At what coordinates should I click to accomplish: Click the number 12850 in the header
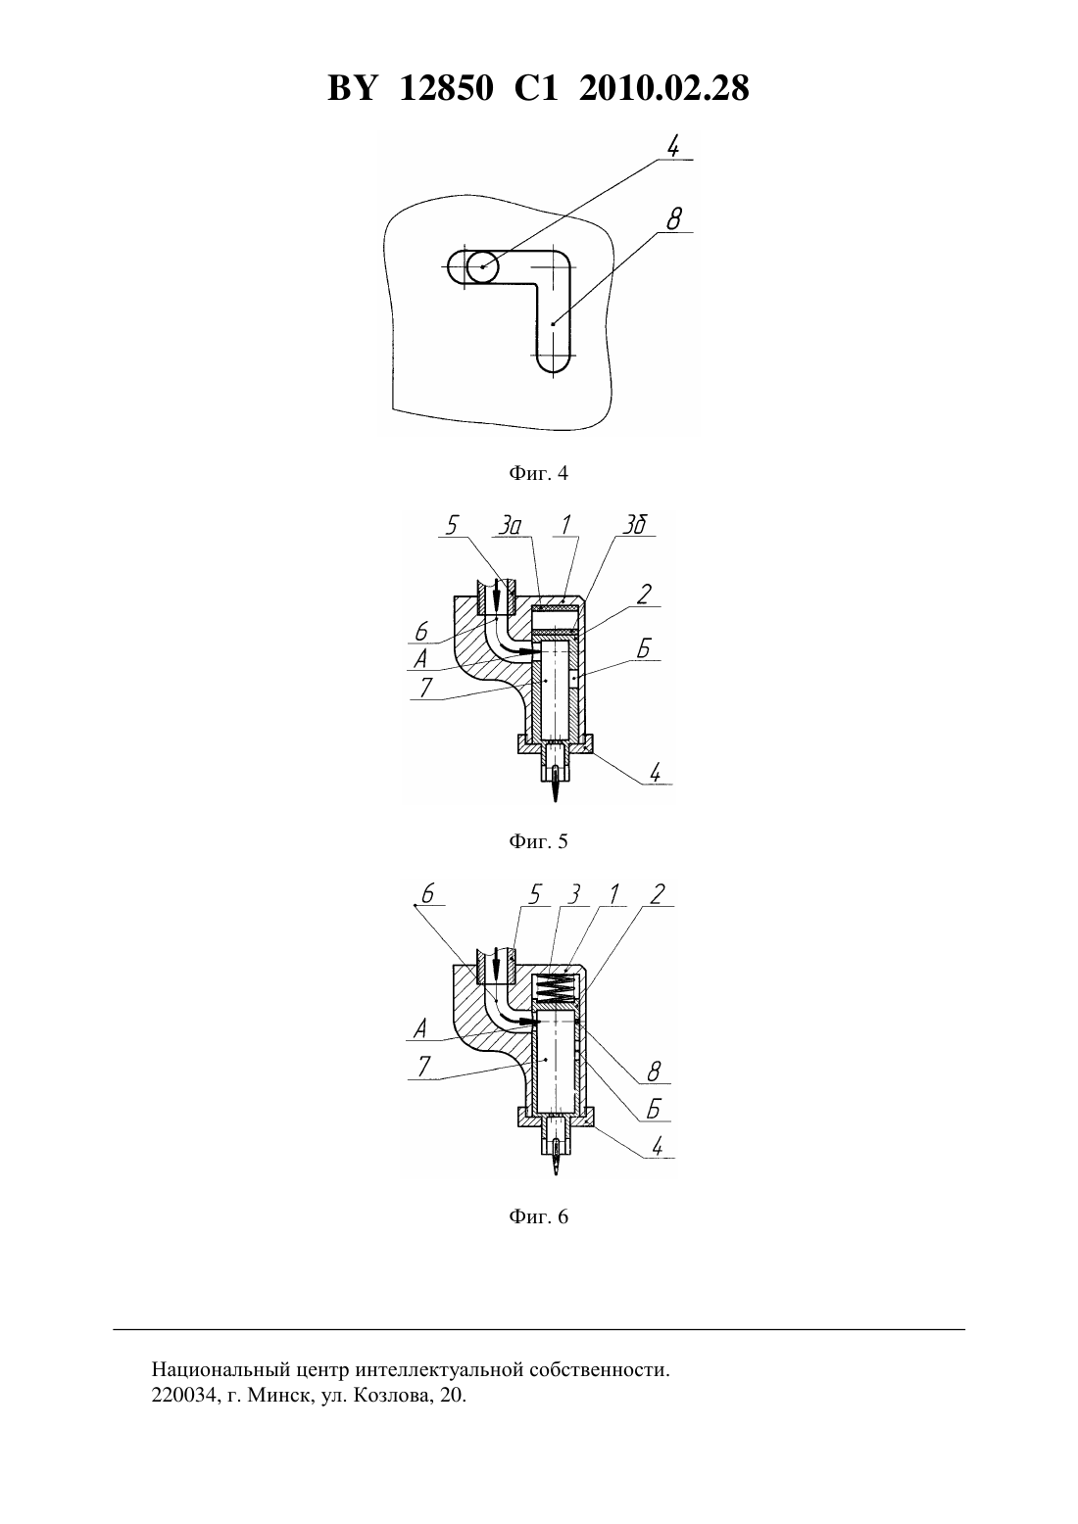coord(446,88)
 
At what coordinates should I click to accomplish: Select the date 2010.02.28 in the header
coord(664,88)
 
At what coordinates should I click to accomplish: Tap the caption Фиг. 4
coord(538,473)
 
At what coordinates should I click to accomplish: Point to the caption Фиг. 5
coord(538,841)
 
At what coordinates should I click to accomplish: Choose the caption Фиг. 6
coord(538,1215)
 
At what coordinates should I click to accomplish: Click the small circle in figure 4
coord(482,266)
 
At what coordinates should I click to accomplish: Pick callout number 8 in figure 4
coord(674,219)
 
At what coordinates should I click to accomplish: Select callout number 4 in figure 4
coord(673,146)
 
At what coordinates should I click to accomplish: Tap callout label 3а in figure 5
coord(511,525)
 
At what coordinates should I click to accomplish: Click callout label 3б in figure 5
coord(634,525)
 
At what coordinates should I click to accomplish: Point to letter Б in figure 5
coord(644,649)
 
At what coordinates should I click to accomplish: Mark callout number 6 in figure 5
coord(421,632)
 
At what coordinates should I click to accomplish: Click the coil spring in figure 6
coord(556,988)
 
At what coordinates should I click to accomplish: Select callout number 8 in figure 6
coord(654,1072)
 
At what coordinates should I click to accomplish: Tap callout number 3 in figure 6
coord(574,894)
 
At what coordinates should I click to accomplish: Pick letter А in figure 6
coord(419,1028)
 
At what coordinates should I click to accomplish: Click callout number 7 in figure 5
coord(425,688)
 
